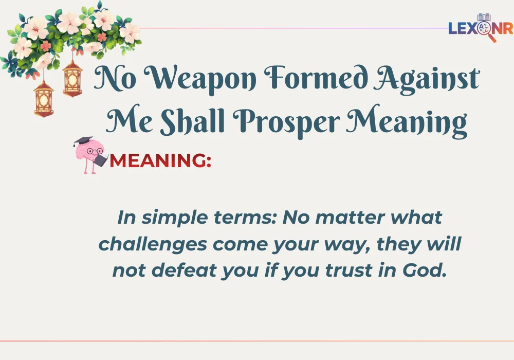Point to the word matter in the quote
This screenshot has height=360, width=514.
pos(351,217)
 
